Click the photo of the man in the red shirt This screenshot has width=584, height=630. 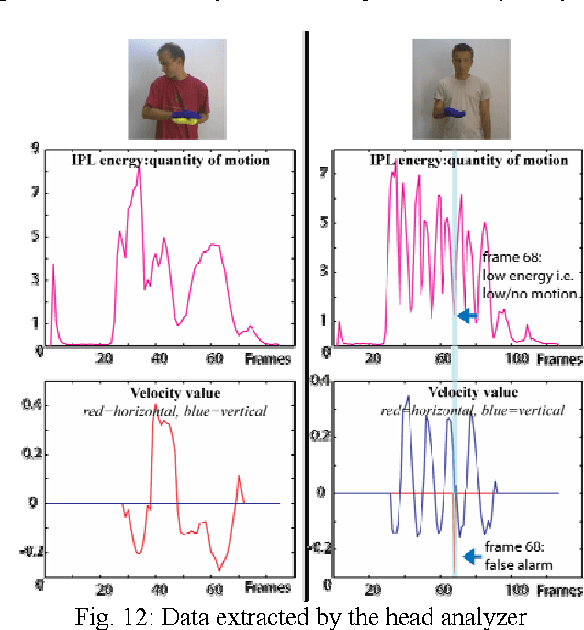tap(177, 88)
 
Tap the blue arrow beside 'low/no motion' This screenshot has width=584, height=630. tap(468, 315)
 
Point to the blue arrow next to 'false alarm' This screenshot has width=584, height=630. tap(471, 556)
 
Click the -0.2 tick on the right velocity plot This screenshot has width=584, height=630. tap(318, 546)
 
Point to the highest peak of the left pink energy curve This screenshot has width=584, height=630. tap(139, 169)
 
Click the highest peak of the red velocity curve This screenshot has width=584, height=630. tap(154, 404)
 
